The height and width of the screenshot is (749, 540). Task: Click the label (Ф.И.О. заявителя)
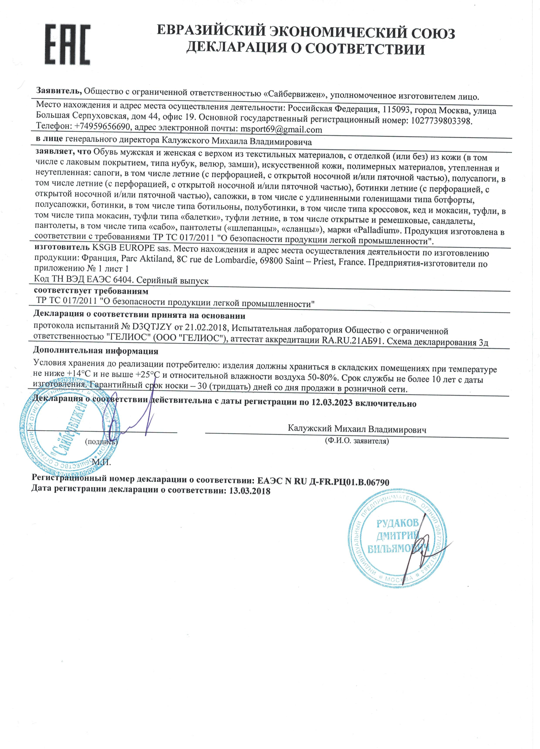356,441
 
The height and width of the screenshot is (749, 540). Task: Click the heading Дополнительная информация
96,350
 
